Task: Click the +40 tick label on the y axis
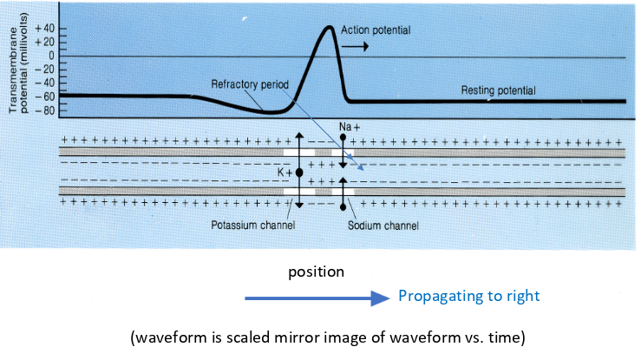pyautogui.click(x=43, y=29)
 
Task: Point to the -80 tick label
pyautogui.click(x=43, y=110)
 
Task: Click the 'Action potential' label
pyautogui.click(x=376, y=29)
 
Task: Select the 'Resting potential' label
pyautogui.click(x=498, y=89)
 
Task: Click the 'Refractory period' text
pyautogui.click(x=250, y=84)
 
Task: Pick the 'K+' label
pyautogui.click(x=284, y=173)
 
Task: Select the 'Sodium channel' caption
pyautogui.click(x=383, y=226)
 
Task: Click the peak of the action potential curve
pyautogui.click(x=328, y=27)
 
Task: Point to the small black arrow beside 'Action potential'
pyautogui.click(x=358, y=44)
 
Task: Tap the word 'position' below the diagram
pyautogui.click(x=317, y=272)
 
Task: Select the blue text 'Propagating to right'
pyautogui.click(x=468, y=297)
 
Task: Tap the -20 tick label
pyautogui.click(x=43, y=69)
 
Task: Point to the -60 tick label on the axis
pyautogui.click(x=43, y=96)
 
